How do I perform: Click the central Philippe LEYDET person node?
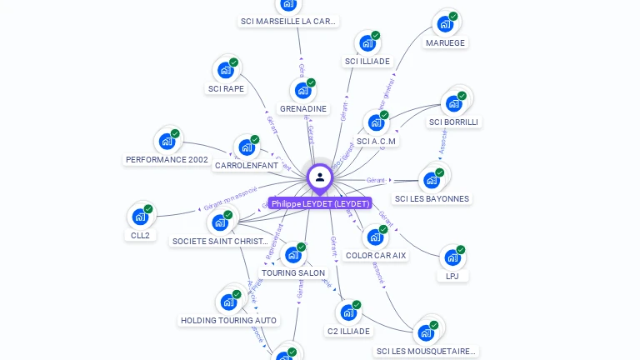coord(319,177)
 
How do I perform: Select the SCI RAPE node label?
coord(226,89)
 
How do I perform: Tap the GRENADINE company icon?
coord(302,90)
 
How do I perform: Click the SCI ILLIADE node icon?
coord(367,43)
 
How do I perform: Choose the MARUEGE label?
coord(445,42)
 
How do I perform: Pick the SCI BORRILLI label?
coord(453,122)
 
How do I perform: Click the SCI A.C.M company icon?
coord(376,122)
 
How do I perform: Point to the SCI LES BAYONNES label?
coord(432,199)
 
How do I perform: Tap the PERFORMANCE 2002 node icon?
coord(167,141)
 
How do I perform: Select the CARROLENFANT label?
coord(246,166)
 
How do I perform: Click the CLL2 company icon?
coord(140,217)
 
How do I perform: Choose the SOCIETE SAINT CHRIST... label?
coord(220,242)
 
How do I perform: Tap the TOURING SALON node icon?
coord(292,254)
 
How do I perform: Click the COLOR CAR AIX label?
coord(376,256)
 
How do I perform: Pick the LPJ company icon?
coord(452,257)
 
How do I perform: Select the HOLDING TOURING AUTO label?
coord(229,321)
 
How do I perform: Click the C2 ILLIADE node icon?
coord(347,312)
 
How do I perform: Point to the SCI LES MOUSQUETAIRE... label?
coord(426,352)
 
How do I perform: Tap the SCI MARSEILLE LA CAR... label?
coord(288,22)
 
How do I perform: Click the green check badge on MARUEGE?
coord(453,16)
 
